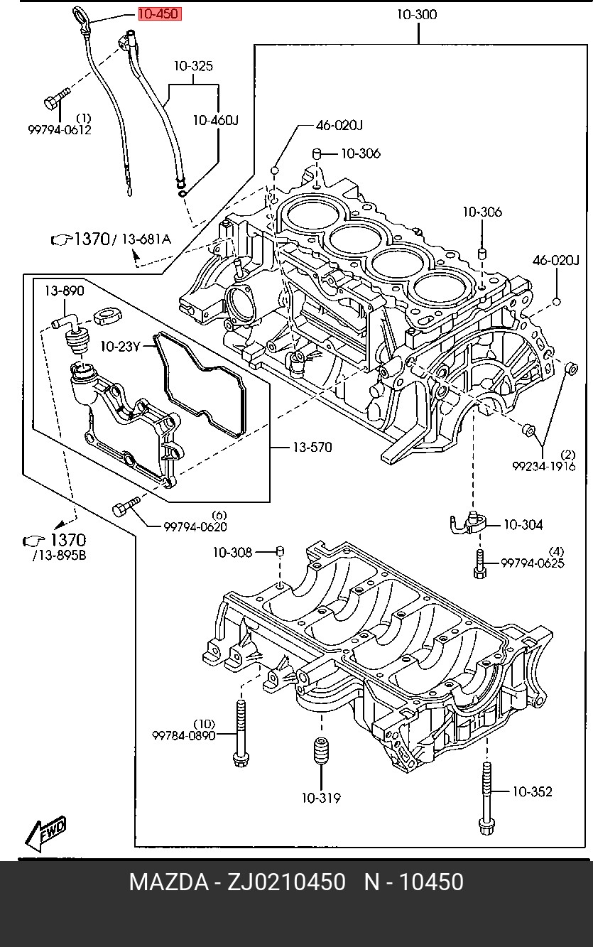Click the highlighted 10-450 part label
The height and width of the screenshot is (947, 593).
[160, 14]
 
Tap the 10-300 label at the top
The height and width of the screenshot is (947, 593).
[417, 15]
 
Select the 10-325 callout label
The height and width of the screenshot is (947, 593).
[194, 66]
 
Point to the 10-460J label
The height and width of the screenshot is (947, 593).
[216, 121]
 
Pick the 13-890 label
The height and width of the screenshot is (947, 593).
[64, 291]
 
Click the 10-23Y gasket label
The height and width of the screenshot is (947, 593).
[120, 347]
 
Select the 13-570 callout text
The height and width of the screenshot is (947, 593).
[312, 447]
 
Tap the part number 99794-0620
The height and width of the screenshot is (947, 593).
[195, 526]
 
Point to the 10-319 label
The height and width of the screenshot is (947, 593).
[321, 799]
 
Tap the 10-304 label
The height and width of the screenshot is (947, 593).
[523, 525]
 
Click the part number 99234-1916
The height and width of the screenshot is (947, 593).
[543, 466]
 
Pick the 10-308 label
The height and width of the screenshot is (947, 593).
[232, 553]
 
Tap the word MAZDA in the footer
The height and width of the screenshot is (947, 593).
[168, 882]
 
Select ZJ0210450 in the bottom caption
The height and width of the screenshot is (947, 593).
[287, 882]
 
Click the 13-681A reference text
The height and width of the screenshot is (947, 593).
[146, 239]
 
